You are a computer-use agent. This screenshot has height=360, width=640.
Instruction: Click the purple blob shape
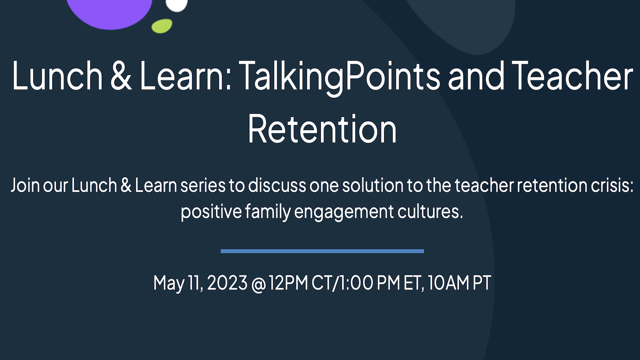tap(109, 13)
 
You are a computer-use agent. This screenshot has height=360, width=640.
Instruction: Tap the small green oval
tap(162, 26)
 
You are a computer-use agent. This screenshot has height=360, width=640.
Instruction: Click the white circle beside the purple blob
tap(177, 5)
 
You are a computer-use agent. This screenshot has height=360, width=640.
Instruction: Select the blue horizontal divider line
tap(322, 251)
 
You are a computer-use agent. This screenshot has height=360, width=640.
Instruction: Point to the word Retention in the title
tap(322, 129)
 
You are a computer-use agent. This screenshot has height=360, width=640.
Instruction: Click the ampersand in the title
tap(121, 76)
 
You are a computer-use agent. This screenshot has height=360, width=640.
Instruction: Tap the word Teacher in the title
tap(572, 76)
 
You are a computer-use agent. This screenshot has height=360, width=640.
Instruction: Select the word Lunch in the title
tap(57, 76)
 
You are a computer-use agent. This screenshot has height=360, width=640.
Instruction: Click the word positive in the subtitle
tap(211, 212)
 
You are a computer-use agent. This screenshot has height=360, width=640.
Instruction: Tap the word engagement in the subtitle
tap(344, 212)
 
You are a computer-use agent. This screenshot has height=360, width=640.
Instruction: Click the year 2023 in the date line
tap(227, 283)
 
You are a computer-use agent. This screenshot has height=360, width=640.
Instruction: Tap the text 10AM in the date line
tap(448, 283)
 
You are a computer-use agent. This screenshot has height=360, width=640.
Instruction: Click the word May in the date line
tap(169, 283)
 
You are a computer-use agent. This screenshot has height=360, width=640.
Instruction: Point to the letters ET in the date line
tap(412, 283)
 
